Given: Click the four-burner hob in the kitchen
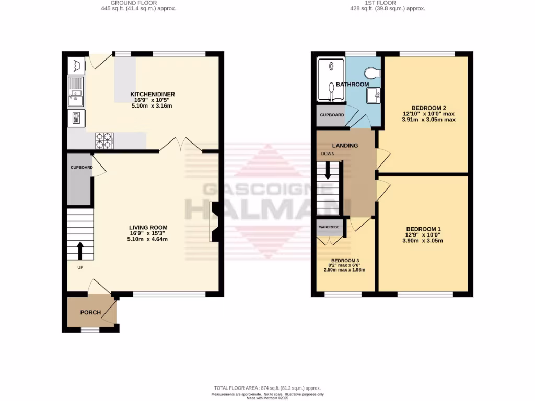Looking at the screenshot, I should tap(104, 140).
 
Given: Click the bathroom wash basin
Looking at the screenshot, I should tap(374, 95).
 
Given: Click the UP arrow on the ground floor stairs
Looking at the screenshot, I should tap(80, 250).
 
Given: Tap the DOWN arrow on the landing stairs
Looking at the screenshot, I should tap(328, 171).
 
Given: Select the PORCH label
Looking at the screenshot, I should tap(90, 312).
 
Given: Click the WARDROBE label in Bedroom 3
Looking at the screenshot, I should tap(329, 227).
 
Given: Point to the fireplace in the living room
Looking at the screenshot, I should tap(215, 222).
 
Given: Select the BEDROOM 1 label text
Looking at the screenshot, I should tap(424, 229).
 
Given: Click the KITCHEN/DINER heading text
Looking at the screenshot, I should tap(149, 94).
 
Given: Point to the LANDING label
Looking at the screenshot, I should tap(345, 145).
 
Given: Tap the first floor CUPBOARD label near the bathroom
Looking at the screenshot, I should tap(331, 115).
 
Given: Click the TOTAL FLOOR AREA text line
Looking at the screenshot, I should tap(267, 388).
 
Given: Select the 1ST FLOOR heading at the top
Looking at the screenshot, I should tap(388, 3).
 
